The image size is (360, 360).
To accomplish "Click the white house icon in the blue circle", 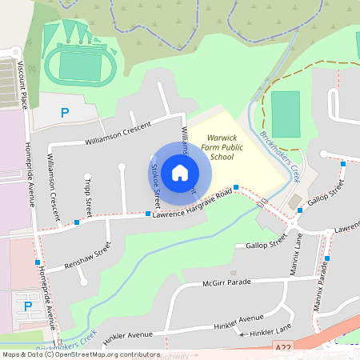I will coord(180,172).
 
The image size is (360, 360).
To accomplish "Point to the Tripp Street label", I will coord(88,195).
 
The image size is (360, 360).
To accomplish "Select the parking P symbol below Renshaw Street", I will coord(29,306).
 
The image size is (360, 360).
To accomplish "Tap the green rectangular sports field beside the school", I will coord(285,114).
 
